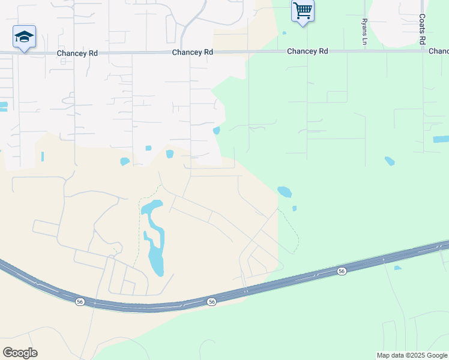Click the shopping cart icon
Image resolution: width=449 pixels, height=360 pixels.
pos(303,10)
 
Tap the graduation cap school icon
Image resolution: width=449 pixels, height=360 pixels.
pos(24,37)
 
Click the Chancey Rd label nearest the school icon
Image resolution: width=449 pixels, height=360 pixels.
pos(77,53)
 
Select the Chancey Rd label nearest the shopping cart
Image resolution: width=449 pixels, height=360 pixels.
pos(307,52)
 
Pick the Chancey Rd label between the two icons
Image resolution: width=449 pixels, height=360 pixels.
pos(192,53)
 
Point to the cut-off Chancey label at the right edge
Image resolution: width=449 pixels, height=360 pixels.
pos(439,52)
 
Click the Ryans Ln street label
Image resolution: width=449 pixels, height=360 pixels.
pos(364,31)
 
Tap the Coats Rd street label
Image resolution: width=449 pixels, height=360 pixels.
pos(422,29)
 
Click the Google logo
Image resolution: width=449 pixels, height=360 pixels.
pos(20,353)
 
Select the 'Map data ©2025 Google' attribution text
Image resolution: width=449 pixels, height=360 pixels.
pos(411,355)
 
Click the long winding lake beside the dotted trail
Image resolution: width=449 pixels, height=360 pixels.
pos(153,237)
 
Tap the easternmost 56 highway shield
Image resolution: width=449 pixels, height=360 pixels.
pos(342,271)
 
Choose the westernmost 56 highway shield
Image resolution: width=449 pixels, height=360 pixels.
pos(80,301)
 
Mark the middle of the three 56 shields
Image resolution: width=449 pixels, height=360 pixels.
pos(211,302)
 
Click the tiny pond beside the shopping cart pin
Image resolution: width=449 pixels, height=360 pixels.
pos(284,33)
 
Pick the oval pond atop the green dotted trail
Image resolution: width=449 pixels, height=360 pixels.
pos(285,192)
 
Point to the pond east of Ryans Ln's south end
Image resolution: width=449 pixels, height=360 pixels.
pos(390,161)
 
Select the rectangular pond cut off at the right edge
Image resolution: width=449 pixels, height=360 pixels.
pos(441,139)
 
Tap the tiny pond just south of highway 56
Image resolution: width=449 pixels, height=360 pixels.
pos(398,268)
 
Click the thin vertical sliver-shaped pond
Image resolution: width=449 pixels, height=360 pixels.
pos(43,157)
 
